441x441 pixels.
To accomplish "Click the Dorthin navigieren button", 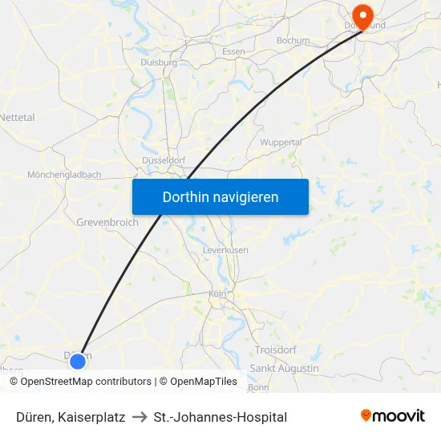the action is click(220, 196).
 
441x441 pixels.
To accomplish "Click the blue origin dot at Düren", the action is click(78, 361).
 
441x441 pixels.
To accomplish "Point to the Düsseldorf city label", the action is click(164, 160).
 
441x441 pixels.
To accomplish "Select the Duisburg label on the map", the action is click(158, 62).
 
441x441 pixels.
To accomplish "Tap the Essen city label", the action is click(233, 52).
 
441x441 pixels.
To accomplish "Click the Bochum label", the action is click(293, 40).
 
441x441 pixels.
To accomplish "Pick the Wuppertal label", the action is click(281, 142).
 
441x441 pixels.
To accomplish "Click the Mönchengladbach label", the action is click(64, 175).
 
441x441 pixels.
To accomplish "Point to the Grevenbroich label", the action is click(107, 222).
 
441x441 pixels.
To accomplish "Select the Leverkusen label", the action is click(225, 250).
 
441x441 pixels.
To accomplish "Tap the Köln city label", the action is click(216, 293).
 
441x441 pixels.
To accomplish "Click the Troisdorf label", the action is click(275, 350).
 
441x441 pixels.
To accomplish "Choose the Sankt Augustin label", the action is click(284, 368).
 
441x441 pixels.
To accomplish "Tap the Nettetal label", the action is click(18, 117).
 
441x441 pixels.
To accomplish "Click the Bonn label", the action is click(258, 386).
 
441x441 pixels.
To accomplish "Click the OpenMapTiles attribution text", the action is click(204, 382).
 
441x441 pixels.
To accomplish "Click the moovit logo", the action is click(393, 416).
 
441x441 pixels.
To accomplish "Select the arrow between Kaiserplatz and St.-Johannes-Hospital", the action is click(139, 417).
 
